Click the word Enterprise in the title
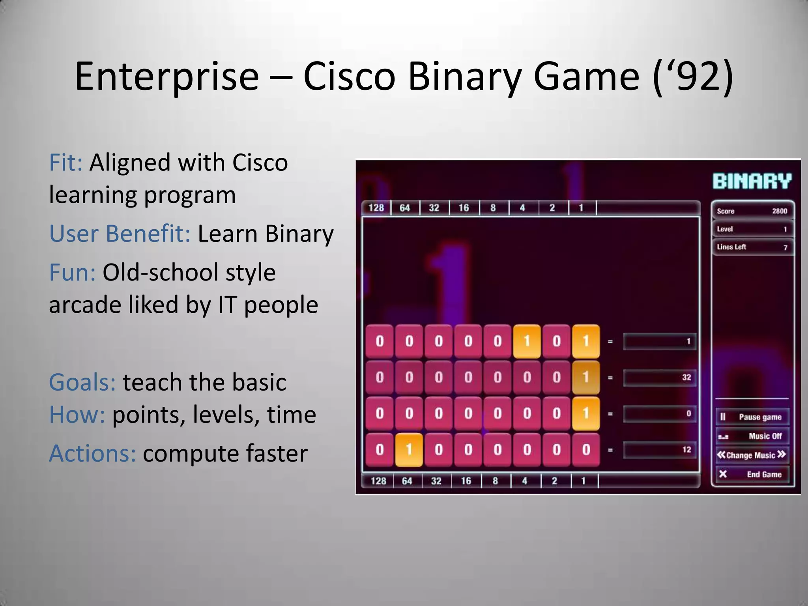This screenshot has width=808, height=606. [166, 77]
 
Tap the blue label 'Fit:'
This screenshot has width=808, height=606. [65, 163]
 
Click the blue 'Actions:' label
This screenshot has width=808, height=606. [92, 453]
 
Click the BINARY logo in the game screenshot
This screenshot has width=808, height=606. [752, 181]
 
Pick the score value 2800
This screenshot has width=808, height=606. [779, 211]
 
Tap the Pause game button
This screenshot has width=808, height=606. [753, 417]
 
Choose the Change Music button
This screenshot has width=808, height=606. [752, 455]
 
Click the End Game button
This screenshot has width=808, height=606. [753, 474]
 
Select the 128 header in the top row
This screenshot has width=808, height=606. [376, 208]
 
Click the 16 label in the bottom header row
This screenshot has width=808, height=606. [466, 481]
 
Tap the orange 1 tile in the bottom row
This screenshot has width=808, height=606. [409, 450]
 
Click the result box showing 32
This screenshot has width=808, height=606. [659, 378]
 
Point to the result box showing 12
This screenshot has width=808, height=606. [659, 450]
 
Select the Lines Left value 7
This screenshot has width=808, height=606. [785, 247]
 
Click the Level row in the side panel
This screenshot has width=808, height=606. [752, 229]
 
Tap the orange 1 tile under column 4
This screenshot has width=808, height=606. [527, 341]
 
